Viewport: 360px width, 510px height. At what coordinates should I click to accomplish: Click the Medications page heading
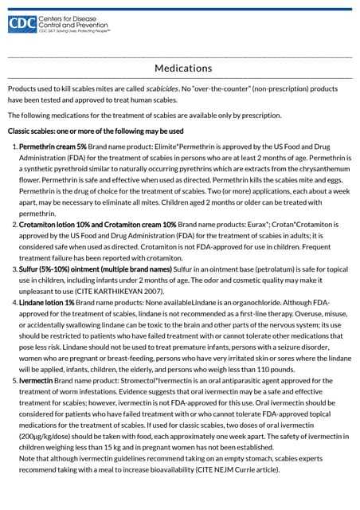coord(183,68)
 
